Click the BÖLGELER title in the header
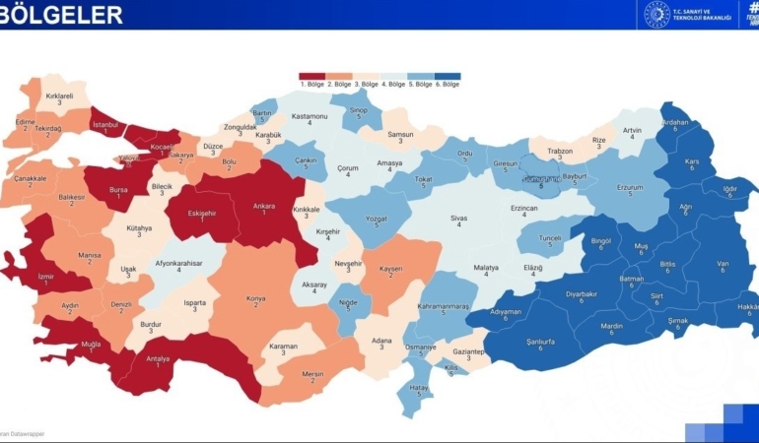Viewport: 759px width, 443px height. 62,15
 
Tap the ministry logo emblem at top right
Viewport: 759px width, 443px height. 655,14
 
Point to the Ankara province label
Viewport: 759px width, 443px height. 264,207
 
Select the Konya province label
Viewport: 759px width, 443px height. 257,299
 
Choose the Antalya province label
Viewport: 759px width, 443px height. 158,358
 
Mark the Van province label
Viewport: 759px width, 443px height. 722,264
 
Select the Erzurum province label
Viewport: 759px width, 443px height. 629,188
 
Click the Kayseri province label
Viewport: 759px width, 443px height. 393,269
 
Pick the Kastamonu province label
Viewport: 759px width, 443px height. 310,117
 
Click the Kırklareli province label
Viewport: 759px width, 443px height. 60,96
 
